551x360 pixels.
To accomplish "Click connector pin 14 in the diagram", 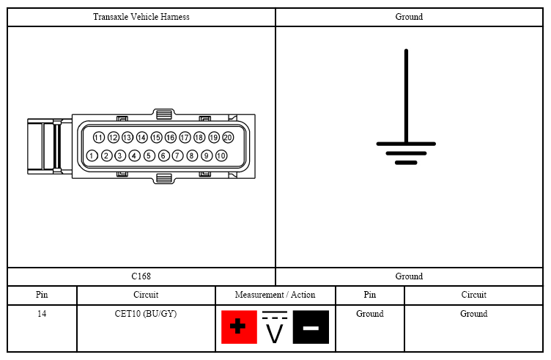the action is click(142, 137).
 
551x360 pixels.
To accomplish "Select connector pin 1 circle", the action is click(92, 155).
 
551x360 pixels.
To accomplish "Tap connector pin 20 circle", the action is click(228, 137).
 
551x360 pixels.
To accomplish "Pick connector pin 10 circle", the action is click(221, 155).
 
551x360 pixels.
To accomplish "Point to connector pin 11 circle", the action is click(99, 137).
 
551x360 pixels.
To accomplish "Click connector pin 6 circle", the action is click(163, 155).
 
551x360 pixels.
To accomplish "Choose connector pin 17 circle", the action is click(185, 137).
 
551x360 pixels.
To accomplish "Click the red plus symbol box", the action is click(239, 327).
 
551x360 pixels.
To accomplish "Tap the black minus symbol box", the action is click(311, 327).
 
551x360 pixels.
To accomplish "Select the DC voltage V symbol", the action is click(275, 327).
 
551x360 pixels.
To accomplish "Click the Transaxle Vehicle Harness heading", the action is click(141, 17).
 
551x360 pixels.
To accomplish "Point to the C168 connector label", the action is click(141, 276).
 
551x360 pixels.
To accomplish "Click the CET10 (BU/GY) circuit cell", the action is click(146, 314).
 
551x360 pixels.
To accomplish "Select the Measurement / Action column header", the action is click(275, 295).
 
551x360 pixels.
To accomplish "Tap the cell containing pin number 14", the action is click(42, 328).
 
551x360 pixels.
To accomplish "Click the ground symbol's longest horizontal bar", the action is click(406, 144).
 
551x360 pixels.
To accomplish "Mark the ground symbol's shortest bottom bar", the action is click(406, 163).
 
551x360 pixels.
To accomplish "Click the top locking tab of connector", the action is click(163, 114).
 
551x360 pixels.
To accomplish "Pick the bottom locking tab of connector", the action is click(163, 178).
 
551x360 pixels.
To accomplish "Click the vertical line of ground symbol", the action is click(406, 95).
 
